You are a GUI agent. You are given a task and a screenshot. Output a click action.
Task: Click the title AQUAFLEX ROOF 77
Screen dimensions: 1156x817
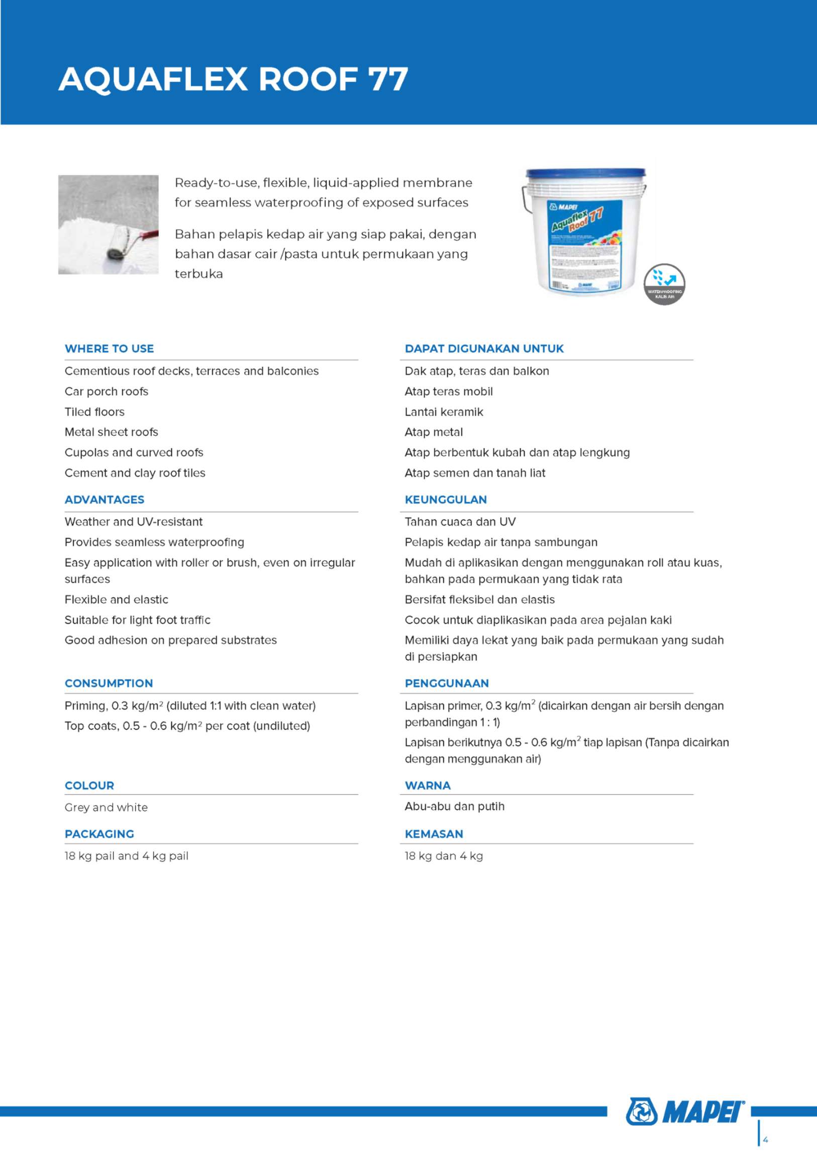click(233, 79)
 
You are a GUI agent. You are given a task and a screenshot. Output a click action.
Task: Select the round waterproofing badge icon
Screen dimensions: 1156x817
click(664, 284)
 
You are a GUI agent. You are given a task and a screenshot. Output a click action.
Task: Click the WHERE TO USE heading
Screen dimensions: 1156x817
click(109, 348)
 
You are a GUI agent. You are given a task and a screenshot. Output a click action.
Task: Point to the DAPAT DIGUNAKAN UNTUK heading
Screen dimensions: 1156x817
click(484, 348)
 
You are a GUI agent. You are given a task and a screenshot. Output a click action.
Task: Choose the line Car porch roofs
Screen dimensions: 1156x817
click(106, 391)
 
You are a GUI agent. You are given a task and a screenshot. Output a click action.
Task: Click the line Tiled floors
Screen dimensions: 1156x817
click(94, 412)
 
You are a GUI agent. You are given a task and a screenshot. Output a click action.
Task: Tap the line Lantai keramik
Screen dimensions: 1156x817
click(444, 412)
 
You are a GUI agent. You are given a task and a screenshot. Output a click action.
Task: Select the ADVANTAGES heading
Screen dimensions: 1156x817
click(104, 500)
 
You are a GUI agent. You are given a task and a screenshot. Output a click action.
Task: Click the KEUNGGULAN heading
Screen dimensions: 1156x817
click(446, 500)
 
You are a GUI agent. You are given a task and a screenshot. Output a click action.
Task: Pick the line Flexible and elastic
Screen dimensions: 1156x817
click(116, 599)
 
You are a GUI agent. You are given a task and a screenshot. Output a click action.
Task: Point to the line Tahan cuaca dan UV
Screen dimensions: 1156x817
click(460, 522)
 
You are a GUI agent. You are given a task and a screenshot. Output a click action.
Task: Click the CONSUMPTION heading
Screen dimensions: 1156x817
click(109, 683)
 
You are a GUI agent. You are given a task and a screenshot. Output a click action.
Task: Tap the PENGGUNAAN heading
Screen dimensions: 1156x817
click(447, 683)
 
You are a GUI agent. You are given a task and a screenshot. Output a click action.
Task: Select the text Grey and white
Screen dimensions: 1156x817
click(106, 807)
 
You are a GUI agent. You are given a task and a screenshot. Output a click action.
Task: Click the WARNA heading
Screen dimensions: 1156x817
click(428, 786)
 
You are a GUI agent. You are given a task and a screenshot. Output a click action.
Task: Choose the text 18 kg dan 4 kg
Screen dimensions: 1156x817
click(444, 856)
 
